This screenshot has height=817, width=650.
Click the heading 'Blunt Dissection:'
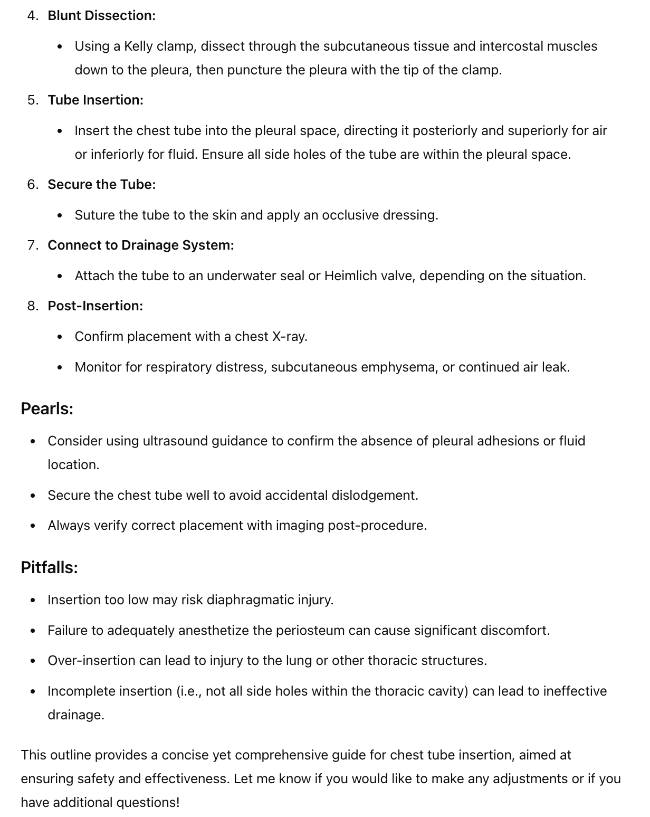[101, 16]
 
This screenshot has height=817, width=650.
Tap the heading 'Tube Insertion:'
[95, 100]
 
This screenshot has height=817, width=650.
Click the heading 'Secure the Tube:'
[101, 185]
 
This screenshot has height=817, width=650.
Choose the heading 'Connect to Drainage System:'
[140, 245]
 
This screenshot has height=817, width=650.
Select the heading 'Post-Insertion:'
[95, 306]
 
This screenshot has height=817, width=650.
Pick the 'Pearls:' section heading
[47, 409]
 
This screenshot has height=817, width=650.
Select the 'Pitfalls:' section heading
[49, 568]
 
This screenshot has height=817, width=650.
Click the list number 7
[33, 245]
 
